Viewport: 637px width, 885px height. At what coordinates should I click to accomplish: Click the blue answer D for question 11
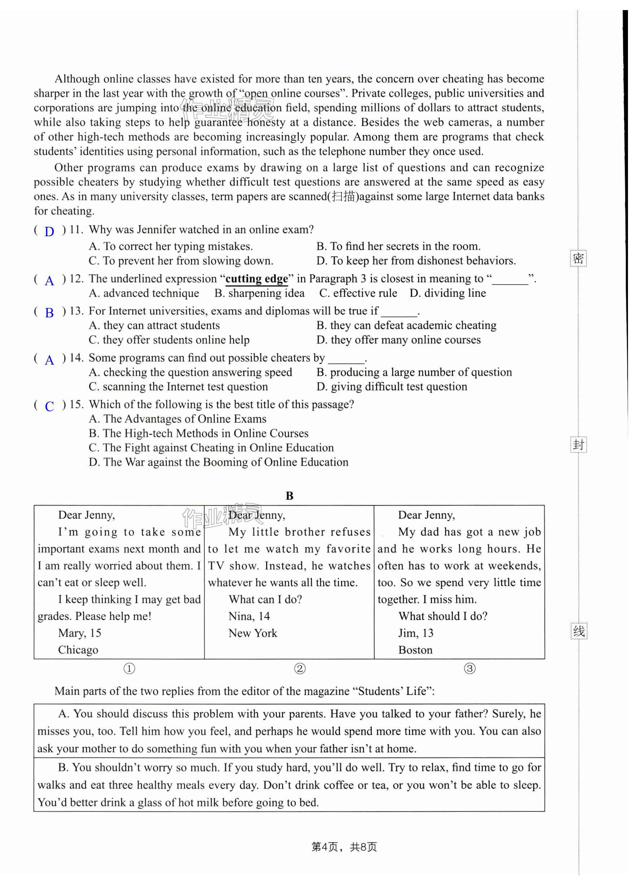click(49, 232)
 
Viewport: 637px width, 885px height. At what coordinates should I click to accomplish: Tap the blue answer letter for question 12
click(49, 281)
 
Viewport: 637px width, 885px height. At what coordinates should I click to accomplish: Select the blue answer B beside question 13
click(49, 313)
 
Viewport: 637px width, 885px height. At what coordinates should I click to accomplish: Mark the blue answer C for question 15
click(49, 406)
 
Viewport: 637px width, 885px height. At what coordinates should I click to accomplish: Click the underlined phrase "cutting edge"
click(257, 279)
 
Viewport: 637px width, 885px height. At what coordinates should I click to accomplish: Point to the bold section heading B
click(289, 496)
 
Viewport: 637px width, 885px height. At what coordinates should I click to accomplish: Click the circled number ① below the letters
click(129, 668)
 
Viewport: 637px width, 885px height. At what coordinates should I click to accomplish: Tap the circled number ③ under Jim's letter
click(470, 668)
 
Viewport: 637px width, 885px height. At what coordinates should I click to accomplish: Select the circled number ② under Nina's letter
click(300, 668)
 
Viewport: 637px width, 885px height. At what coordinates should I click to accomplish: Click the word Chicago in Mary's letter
click(78, 650)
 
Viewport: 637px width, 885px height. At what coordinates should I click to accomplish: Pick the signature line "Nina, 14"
click(249, 616)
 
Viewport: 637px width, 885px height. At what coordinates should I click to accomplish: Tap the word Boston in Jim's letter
click(415, 650)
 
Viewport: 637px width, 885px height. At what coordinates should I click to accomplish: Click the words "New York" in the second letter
click(253, 633)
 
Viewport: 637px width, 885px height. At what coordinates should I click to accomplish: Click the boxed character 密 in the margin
click(578, 258)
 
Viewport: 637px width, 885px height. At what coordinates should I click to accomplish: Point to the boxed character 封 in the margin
click(579, 444)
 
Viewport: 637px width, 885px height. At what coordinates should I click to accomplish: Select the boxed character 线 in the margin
click(579, 631)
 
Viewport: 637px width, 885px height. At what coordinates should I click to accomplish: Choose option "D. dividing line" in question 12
click(448, 293)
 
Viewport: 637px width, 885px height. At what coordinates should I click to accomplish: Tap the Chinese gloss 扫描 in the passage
click(343, 196)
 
